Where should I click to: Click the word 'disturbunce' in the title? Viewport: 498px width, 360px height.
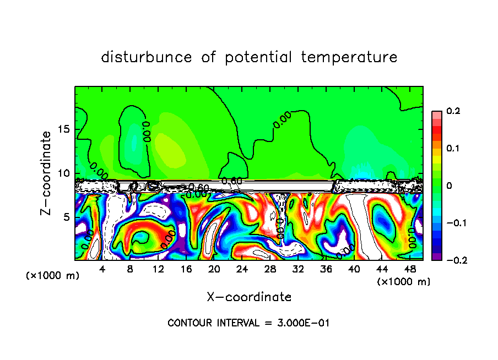click(x=147, y=57)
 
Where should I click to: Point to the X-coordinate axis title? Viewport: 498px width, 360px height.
click(x=249, y=297)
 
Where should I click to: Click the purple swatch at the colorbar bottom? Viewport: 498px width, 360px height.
click(x=437, y=257)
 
